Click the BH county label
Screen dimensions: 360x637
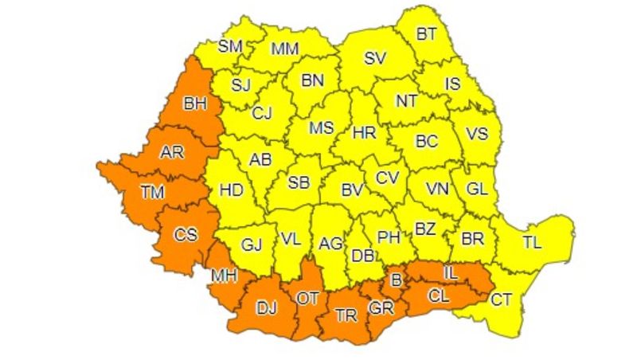coord(194,103)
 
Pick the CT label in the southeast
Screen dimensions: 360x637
coord(501,299)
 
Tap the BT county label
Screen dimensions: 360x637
coord(428,34)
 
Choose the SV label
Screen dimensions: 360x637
coord(373,57)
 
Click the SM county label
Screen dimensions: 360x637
coord(230,46)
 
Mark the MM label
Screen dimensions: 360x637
coord(284,49)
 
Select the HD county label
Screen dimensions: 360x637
coord(231,190)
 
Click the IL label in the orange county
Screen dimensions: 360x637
coord(451,273)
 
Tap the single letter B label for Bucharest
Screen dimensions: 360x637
coord(395,280)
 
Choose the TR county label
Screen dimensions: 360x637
coord(346,315)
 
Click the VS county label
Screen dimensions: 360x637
coord(476,134)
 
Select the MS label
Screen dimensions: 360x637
coord(322,128)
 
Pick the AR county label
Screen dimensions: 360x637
coord(172,151)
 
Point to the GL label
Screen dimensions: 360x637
coord(477,190)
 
